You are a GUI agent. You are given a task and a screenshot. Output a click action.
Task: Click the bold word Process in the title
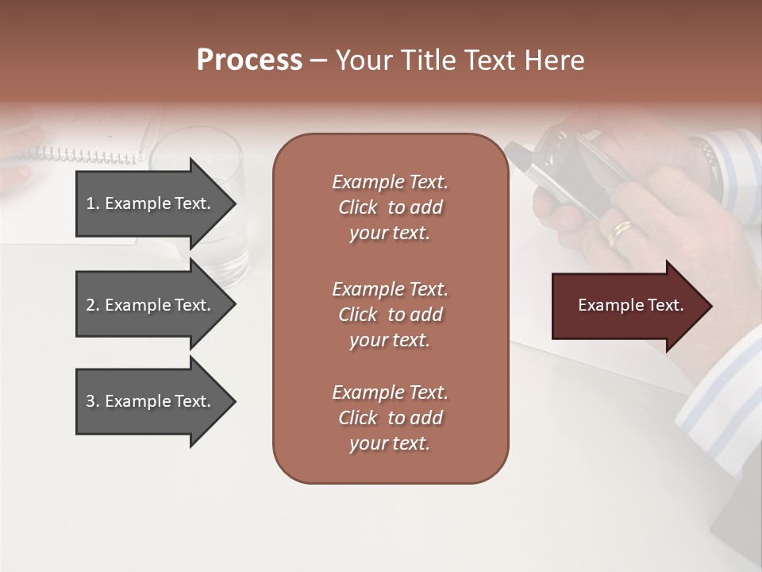coord(249,60)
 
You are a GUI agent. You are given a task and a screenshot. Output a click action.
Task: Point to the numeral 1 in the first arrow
coord(90,203)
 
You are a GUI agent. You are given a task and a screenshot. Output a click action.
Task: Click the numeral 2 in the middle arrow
coord(90,305)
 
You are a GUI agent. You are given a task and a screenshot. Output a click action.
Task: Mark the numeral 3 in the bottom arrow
coord(90,401)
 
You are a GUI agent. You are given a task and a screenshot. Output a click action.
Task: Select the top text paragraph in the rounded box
coord(390,207)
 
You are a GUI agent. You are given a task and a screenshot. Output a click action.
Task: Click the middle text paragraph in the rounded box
coord(390,315)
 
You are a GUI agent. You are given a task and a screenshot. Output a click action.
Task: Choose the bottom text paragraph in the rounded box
coord(390,418)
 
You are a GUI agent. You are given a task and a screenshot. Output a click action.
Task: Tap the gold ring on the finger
coord(620,232)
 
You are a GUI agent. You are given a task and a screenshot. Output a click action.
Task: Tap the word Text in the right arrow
coord(667,305)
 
